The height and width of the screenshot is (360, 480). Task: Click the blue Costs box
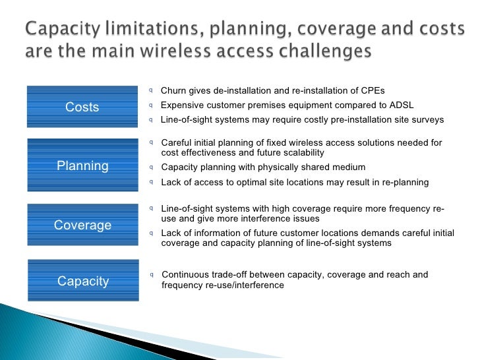pyautogui.click(x=82, y=107)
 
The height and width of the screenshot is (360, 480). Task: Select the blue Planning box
pyautogui.click(x=82, y=165)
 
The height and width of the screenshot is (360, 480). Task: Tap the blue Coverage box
pyautogui.click(x=82, y=225)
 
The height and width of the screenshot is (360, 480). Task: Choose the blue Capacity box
pyautogui.click(x=83, y=280)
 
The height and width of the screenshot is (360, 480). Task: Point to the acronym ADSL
pyautogui.click(x=402, y=105)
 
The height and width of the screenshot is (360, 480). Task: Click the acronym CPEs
pyautogui.click(x=373, y=90)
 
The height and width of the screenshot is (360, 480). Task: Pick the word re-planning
pyautogui.click(x=405, y=183)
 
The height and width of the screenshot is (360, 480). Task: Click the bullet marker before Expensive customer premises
pyautogui.click(x=150, y=105)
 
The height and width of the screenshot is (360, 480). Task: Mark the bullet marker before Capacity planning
pyautogui.click(x=151, y=167)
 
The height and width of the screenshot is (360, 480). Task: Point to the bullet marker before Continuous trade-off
pyautogui.click(x=152, y=275)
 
